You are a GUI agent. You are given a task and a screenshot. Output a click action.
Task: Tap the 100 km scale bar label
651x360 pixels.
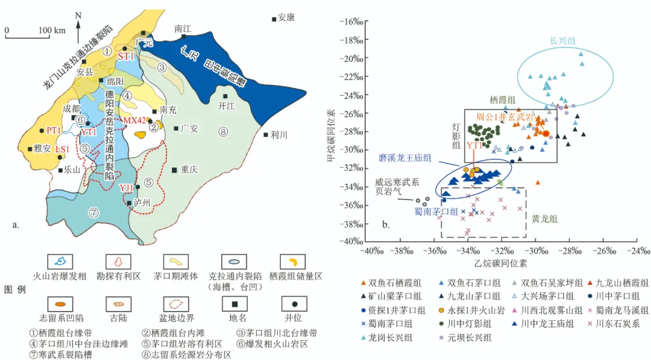pyautogui.click(x=51, y=30)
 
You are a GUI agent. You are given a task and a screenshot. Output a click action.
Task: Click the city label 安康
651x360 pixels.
pyautogui.click(x=286, y=18)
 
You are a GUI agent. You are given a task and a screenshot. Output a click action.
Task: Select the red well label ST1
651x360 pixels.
pyautogui.click(x=125, y=56)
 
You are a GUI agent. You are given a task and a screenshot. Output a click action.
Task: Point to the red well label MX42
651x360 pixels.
pyautogui.click(x=134, y=121)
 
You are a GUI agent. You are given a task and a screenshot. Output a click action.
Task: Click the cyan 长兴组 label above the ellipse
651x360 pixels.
pyautogui.click(x=562, y=41)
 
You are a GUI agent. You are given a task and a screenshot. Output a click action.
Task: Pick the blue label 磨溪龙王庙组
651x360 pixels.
pyautogui.click(x=404, y=157)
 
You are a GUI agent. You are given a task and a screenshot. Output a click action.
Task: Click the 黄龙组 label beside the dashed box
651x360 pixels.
pyautogui.click(x=544, y=220)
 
